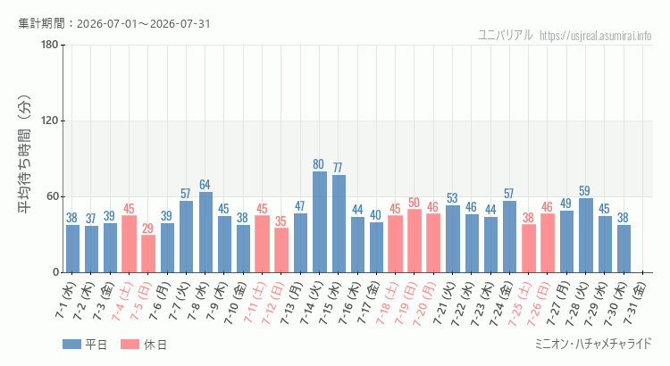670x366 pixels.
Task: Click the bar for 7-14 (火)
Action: [320, 222]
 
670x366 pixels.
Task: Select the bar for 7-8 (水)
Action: [205, 232]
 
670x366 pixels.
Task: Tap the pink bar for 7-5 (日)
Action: [148, 254]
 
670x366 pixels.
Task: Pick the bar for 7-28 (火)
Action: [586, 236]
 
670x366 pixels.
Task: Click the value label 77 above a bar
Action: [338, 168]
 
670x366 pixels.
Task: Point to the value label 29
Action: [147, 228]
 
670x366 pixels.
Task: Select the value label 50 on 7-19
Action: [414, 202]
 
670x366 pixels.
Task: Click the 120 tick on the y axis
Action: [50, 121]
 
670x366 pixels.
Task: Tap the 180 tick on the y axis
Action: [50, 45]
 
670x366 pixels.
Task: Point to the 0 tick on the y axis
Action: [55, 272]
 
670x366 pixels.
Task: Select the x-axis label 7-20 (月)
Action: [423, 304]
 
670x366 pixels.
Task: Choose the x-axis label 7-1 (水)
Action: [65, 300]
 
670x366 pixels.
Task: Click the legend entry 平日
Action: [85, 345]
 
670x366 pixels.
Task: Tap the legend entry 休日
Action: [144, 345]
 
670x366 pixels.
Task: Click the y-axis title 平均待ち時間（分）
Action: [25, 154]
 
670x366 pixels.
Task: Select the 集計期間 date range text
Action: [114, 23]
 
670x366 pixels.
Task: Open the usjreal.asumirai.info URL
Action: [595, 36]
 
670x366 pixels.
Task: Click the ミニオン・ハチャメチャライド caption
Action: [593, 344]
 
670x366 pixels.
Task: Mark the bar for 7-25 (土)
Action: [529, 248]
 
